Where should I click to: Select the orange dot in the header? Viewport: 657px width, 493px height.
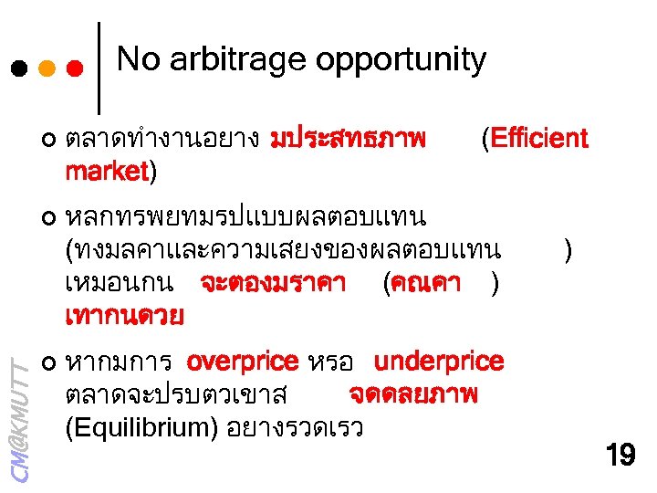point(47,68)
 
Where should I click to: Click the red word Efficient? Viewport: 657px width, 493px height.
point(539,139)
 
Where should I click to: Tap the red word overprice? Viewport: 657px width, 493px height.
point(242,362)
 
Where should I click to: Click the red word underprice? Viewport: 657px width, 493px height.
point(439,362)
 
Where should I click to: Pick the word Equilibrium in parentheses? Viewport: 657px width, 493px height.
point(141,427)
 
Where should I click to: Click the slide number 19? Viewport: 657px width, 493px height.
point(620,455)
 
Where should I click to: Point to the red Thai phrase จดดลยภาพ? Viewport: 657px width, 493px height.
point(413,394)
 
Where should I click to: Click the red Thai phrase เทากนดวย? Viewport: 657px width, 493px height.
point(124,317)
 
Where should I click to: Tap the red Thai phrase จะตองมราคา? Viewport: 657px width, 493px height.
point(272,284)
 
